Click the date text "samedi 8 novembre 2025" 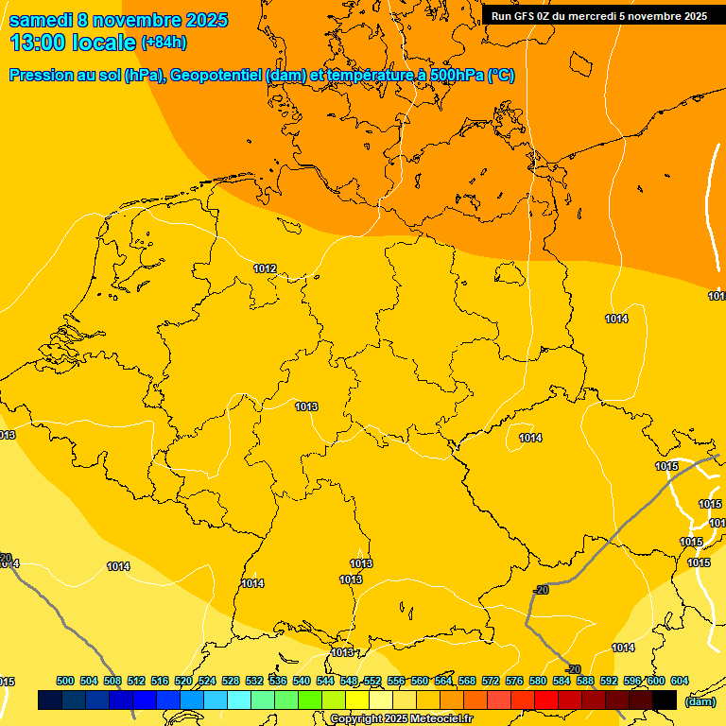[x=118, y=20]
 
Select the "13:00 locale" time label [x=73, y=43]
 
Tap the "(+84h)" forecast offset [x=164, y=43]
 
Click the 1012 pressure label [x=265, y=269]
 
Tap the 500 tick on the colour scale [x=65, y=681]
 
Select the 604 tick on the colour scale [x=680, y=681]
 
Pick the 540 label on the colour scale [x=302, y=681]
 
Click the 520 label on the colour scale [x=183, y=681]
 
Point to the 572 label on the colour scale [x=491, y=681]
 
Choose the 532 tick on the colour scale [x=254, y=681]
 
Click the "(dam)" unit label [x=700, y=701]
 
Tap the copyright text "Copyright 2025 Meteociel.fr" [x=401, y=718]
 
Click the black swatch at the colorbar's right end [x=665, y=700]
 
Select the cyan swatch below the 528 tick [x=239, y=700]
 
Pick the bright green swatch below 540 [x=310, y=700]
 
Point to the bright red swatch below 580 [x=546, y=700]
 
